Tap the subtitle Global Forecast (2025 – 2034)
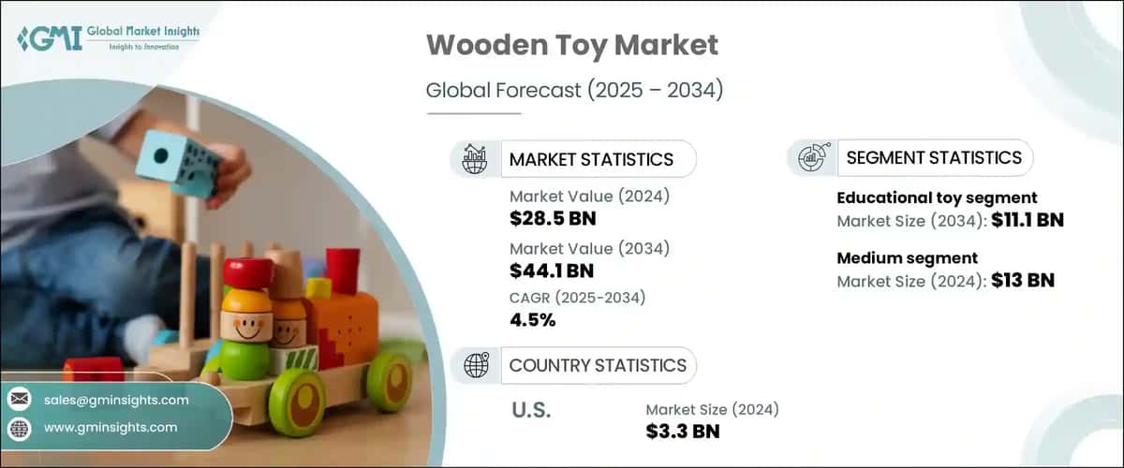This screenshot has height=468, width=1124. coord(573,91)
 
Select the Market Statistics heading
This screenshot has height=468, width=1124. coord(591,159)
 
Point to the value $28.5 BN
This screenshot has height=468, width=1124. coord(553,219)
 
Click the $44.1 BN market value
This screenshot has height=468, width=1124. coord(552,271)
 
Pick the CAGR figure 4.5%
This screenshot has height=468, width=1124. coord(533,320)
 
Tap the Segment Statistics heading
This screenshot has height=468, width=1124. coord(933,158)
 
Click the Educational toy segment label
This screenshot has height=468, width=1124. coord(937,197)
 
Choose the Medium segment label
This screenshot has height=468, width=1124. coord(907,257)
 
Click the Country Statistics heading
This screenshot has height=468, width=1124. coord(597,365)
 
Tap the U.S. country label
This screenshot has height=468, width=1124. coord(531,410)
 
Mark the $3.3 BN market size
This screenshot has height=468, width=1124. coord(683,431)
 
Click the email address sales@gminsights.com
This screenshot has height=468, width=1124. coord(116,400)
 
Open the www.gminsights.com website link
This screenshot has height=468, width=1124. coord(111,428)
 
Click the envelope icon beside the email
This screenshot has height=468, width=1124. coord(19,400)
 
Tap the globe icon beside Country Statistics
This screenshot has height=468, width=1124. coord(476,365)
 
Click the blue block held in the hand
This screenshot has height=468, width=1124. coord(178,165)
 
